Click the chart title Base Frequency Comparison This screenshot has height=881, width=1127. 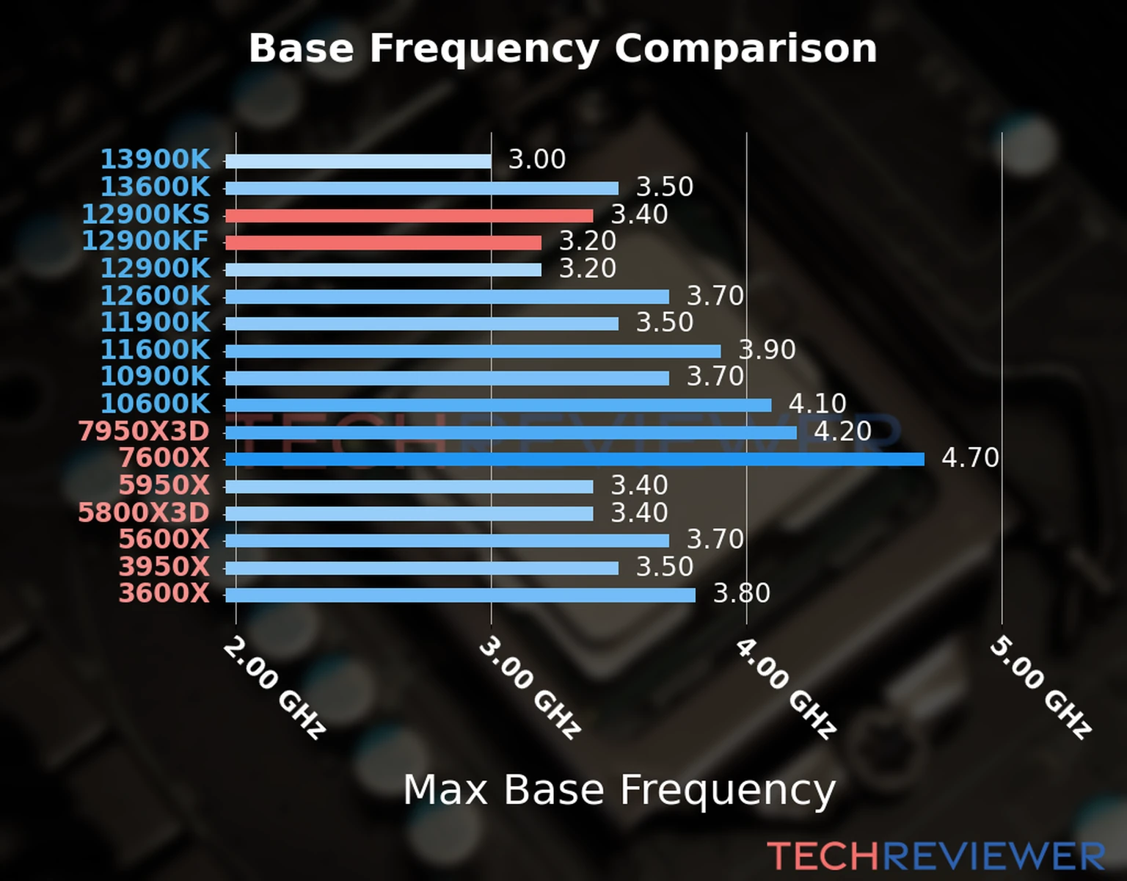[563, 49]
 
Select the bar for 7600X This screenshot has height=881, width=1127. [575, 460]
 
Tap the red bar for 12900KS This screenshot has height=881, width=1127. [409, 216]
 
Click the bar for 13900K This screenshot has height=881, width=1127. [358, 162]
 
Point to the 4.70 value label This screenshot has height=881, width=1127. [970, 458]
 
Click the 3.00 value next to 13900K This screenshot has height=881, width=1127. [537, 159]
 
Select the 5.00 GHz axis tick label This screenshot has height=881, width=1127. [1040, 687]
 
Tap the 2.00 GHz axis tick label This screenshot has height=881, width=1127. [274, 687]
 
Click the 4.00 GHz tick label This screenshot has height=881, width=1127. [785, 687]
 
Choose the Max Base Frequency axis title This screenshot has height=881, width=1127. [619, 791]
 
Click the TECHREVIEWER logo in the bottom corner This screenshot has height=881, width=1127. [935, 856]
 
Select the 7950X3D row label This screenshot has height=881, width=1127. [144, 432]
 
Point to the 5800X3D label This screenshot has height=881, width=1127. [144, 512]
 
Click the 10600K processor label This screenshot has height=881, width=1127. [155, 404]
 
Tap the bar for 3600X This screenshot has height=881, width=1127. [460, 595]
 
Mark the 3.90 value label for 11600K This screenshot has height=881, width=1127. [767, 349]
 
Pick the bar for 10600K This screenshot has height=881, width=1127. [498, 405]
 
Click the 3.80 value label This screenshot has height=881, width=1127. [742, 593]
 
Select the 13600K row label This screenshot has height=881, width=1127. [155, 187]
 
